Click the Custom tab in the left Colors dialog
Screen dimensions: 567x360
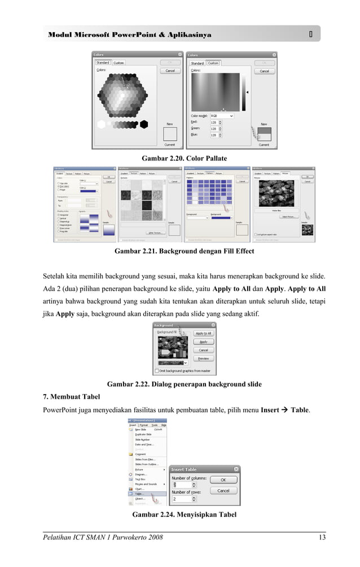pyautogui.click(x=118, y=63)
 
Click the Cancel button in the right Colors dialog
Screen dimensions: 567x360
pyautogui.click(x=264, y=72)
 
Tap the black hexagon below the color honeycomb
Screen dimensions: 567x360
pyautogui.click(x=144, y=124)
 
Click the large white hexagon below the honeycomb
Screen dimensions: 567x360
pyautogui.click(x=101, y=124)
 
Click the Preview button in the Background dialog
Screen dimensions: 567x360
pyautogui.click(x=203, y=358)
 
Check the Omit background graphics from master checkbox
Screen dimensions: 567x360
pyautogui.click(x=157, y=371)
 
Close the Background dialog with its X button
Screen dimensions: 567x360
pyautogui.click(x=212, y=325)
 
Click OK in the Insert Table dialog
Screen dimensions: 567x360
pyautogui.click(x=223, y=479)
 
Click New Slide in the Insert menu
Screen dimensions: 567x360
pyautogui.click(x=141, y=429)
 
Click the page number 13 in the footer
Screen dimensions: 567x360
pyautogui.click(x=322, y=537)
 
